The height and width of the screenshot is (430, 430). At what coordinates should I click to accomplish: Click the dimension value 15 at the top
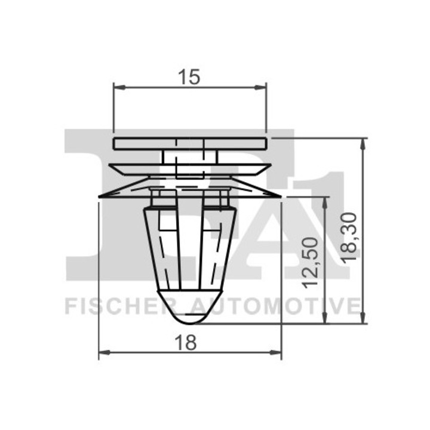[x=189, y=76]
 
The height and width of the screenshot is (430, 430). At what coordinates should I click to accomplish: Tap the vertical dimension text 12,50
[x=309, y=260]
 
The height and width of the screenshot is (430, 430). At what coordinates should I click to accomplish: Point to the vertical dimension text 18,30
[x=351, y=236]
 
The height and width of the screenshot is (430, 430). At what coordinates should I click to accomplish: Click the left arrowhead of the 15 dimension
[x=118, y=88]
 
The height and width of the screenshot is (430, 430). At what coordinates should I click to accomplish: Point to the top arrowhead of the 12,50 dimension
[x=325, y=201]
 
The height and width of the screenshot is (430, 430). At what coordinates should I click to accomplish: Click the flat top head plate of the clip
[x=190, y=143]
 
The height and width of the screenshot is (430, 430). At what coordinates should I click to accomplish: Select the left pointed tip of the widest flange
[x=100, y=196]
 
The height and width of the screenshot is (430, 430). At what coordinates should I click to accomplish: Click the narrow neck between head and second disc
[x=190, y=156]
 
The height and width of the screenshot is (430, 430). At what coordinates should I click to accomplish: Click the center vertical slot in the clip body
[x=191, y=245]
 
